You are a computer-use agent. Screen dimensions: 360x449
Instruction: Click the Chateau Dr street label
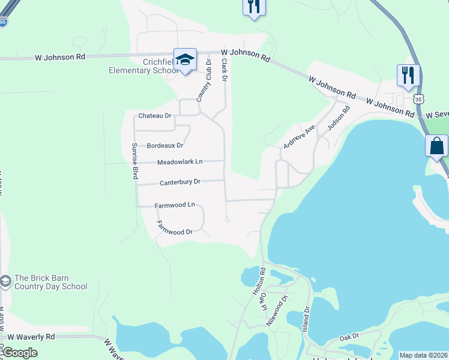[x=155, y=116]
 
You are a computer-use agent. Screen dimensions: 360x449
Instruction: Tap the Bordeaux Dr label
[x=165, y=146]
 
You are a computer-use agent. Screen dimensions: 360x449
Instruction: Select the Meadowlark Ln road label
[x=180, y=162]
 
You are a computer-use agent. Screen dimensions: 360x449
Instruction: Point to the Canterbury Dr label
[x=180, y=182]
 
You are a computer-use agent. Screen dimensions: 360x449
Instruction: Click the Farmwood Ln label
[x=175, y=205]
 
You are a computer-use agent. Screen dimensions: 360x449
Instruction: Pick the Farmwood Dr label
[x=174, y=228]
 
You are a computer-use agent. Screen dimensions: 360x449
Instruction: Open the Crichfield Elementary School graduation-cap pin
[x=185, y=60]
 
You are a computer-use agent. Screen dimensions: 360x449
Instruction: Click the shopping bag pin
[x=436, y=146]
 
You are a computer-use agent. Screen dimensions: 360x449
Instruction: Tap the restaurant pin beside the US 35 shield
[x=408, y=76]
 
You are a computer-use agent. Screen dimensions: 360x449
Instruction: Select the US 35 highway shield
[x=419, y=98]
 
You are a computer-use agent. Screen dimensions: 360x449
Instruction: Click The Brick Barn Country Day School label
[x=50, y=282]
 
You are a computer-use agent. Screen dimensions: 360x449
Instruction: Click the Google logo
[x=20, y=353]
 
